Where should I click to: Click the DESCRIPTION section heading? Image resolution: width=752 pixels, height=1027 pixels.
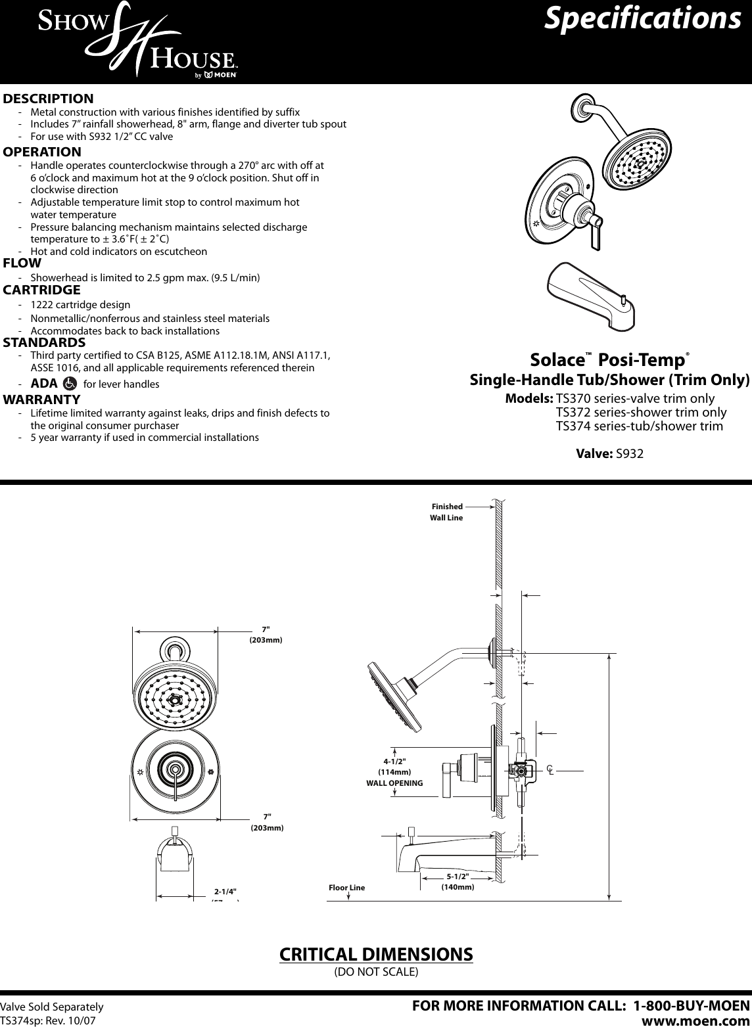[x=49, y=99]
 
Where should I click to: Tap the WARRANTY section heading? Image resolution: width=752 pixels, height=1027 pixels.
[x=42, y=399]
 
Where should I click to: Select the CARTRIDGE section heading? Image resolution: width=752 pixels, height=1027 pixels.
[x=42, y=290]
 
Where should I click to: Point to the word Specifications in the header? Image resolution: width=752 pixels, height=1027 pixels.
[x=643, y=19]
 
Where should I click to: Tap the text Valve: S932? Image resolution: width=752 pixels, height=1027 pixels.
[x=609, y=453]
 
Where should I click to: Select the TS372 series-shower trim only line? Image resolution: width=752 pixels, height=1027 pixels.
[x=641, y=413]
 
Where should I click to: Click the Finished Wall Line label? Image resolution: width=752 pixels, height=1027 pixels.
[x=446, y=512]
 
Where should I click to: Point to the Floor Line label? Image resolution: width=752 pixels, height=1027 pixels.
[x=346, y=888]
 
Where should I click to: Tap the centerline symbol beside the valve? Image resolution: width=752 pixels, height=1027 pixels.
[x=550, y=769]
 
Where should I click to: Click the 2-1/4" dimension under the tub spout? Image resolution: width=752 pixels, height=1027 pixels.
[x=225, y=892]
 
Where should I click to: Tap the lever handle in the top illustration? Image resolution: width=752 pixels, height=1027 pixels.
[x=596, y=235]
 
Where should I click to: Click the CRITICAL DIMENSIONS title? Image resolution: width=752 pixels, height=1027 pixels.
[x=376, y=953]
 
